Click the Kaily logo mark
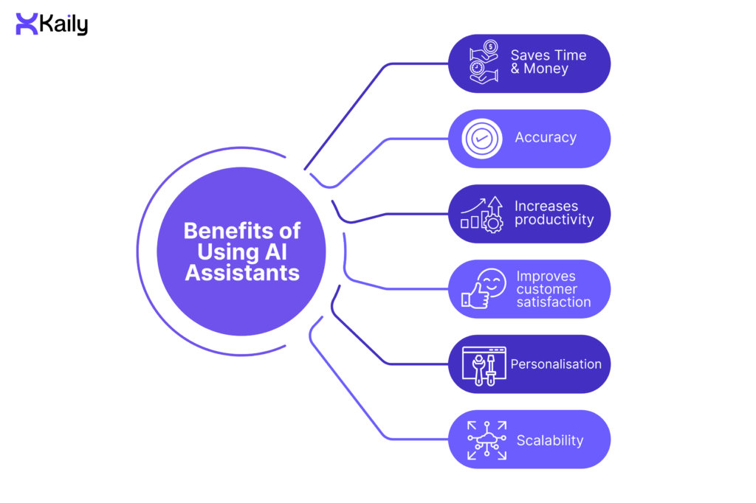coord(27,24)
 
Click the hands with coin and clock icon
coord(484,63)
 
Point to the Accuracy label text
coord(546,138)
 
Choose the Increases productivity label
coord(554,213)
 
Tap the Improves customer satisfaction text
coord(554,289)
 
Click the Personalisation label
coord(556,364)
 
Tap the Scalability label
coord(550,440)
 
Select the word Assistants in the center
coord(241,273)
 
